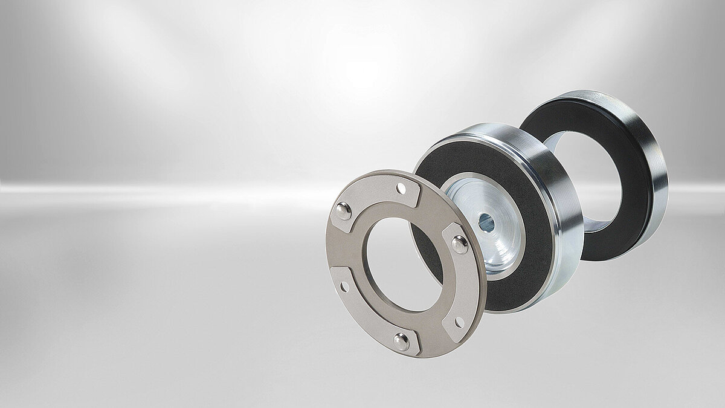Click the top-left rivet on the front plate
[343, 211]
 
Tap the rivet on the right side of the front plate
[459, 245]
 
